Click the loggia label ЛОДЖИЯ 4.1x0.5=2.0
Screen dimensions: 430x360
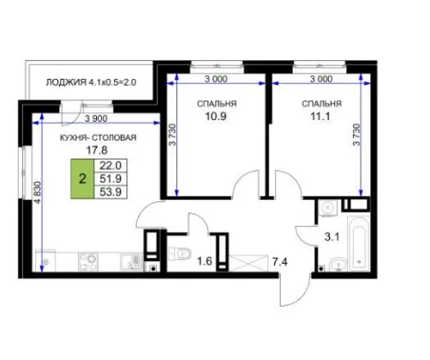point(91,82)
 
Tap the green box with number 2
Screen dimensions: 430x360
point(82,179)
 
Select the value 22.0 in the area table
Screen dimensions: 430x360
point(110,165)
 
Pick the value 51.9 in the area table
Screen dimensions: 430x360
point(110,179)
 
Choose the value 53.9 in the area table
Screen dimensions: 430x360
point(110,192)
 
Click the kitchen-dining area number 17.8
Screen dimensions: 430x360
point(97,150)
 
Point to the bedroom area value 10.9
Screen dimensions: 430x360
point(216,117)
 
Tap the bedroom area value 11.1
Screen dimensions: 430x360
point(320,117)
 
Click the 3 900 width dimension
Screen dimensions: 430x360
point(96,118)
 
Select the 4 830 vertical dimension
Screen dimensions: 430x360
point(38,193)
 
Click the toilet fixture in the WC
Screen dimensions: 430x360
point(179,253)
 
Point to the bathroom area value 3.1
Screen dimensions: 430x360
point(332,237)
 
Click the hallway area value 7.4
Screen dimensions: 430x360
point(280,261)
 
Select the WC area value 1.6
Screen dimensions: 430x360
point(205,261)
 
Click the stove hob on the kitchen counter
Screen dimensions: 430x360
point(88,261)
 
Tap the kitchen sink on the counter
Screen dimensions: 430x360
point(132,261)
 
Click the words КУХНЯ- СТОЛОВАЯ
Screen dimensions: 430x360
point(99,138)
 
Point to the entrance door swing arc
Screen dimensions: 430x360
point(302,298)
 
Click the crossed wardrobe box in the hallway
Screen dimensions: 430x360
point(248,263)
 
